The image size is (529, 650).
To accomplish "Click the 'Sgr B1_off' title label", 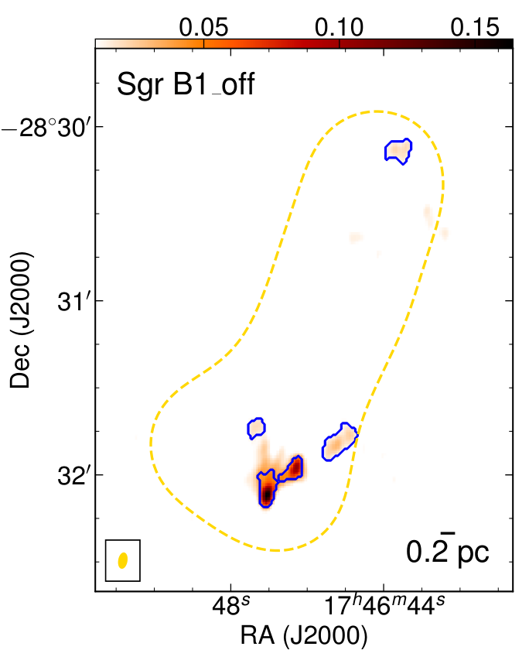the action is [186, 84].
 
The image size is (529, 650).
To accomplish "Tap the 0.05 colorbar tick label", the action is [203, 27].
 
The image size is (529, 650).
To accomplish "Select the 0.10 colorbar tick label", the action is [339, 27].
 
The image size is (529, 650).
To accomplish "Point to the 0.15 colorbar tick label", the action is [475, 27].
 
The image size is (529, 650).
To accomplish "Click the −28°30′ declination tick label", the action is [46, 128].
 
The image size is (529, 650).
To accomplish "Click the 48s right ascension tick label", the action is [230, 607].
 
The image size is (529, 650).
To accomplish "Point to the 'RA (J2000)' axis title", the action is [304, 635].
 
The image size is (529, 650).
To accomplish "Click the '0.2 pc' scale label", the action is [447, 552].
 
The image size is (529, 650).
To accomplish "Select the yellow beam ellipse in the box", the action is [123, 560].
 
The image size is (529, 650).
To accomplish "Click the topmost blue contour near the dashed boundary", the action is [398, 152].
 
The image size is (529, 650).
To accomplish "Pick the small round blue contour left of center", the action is [257, 428].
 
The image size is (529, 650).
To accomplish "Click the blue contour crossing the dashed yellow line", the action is [340, 442].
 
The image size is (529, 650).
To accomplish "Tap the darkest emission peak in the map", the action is [268, 494].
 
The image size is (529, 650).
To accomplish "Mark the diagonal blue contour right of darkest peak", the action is [291, 469].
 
